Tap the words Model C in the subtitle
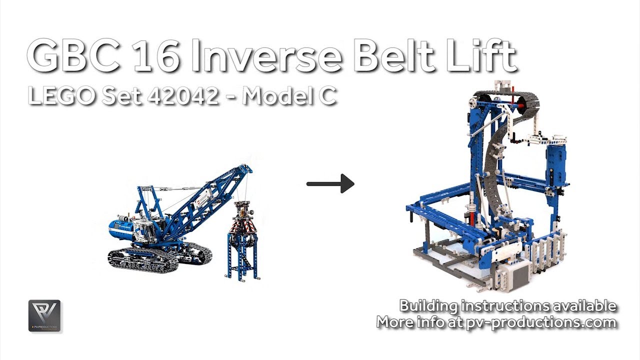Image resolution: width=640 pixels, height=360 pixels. (x=289, y=94)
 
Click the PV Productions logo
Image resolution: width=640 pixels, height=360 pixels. (x=44, y=315)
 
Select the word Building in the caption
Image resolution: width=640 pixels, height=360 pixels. (x=428, y=305)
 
